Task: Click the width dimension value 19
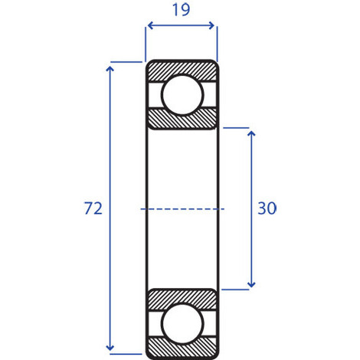(x=181, y=10)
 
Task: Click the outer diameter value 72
(x=93, y=208)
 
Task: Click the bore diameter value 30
(x=267, y=208)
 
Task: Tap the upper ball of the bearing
(x=182, y=94)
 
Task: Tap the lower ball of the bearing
(x=182, y=324)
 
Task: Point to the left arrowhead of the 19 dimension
(x=150, y=25)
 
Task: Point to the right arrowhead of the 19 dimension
(x=211, y=25)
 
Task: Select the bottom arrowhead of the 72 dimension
(x=110, y=348)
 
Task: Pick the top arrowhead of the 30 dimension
(x=251, y=134)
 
